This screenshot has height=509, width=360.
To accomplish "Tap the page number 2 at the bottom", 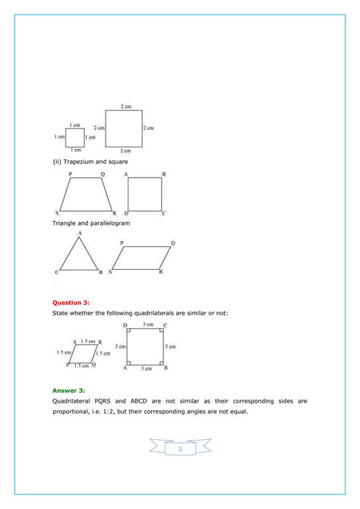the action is point(180,449).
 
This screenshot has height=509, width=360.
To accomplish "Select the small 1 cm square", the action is point(74,138).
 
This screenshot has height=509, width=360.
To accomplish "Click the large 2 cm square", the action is point(123,128).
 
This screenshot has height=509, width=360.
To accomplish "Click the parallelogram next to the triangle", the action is point(144,258).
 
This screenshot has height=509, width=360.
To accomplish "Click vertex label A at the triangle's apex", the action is point(79,234).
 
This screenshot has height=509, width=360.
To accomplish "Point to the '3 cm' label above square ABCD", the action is point(144,324).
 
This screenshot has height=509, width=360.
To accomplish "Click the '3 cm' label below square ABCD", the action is point(144,368).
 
